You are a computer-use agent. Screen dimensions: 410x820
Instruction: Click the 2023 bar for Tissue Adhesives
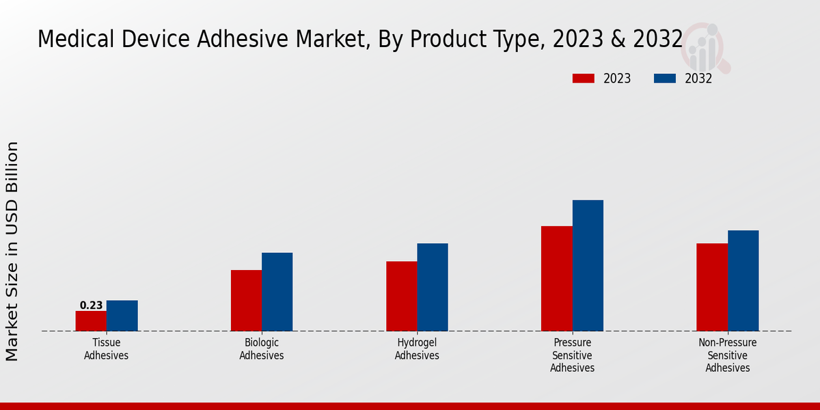coord(91,321)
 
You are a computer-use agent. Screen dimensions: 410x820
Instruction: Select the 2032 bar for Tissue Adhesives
coord(122,316)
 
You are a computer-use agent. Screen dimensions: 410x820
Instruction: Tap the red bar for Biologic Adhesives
coord(246,301)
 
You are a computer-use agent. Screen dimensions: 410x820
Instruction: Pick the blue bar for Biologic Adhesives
coord(277,292)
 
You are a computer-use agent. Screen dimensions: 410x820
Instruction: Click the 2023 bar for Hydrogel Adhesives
coord(402,296)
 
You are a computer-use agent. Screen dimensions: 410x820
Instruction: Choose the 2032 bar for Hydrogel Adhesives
coord(433,287)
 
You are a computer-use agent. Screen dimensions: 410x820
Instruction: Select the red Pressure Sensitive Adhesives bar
coord(557,278)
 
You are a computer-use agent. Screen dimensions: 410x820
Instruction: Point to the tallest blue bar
coord(588,265)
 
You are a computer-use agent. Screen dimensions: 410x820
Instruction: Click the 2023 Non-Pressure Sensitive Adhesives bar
coord(712,287)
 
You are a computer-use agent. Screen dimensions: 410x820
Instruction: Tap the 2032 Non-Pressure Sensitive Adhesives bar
coord(743,281)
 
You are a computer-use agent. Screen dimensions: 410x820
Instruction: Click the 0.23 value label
coord(91,305)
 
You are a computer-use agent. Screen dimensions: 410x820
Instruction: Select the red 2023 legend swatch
coord(583,79)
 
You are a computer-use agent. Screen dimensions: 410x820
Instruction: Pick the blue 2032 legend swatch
coord(664,79)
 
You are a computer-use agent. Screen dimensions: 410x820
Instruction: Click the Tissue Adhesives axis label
coord(106,348)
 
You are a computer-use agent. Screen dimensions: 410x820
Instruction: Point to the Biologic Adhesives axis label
coord(262,348)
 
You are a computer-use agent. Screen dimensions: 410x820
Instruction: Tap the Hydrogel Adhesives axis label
coord(417,348)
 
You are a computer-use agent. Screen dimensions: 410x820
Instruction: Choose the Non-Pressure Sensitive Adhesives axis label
coord(728,355)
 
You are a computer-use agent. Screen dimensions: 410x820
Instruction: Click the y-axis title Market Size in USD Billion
coord(12,251)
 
